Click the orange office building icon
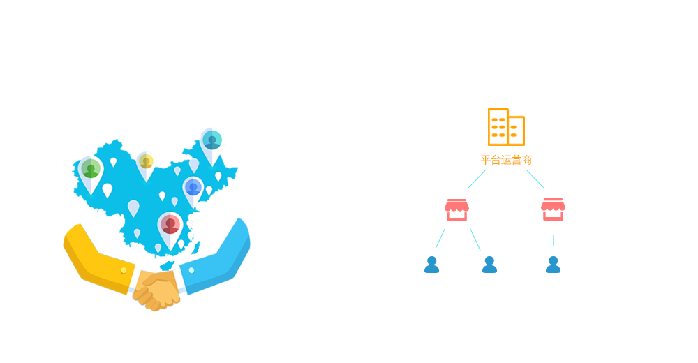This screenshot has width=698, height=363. (506, 127)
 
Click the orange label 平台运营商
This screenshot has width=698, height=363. (506, 160)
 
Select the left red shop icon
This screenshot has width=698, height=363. (456, 209)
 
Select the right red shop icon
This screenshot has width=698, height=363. (553, 209)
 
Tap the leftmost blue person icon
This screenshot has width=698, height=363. (432, 265)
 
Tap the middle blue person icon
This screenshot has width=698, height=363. (489, 265)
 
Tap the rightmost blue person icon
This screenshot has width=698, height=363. (553, 265)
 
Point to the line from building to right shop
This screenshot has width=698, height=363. (535, 178)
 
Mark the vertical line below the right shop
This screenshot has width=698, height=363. (553, 239)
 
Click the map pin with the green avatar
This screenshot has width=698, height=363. (90, 172)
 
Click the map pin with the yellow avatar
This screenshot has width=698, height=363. (146, 164)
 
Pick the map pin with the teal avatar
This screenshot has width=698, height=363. (211, 142)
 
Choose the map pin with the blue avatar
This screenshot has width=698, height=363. (193, 189)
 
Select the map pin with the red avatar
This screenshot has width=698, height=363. (170, 226)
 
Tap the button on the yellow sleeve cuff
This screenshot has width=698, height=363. (124, 270)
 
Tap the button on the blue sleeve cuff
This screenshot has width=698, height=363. (191, 270)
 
